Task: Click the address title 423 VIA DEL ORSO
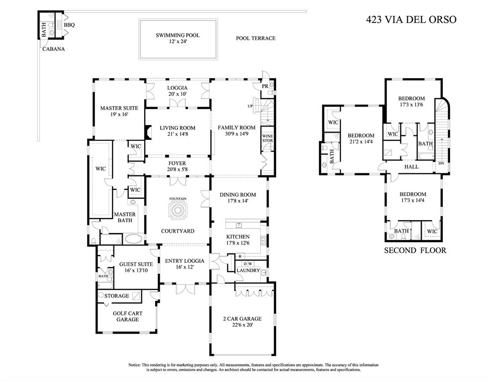pos(410,20)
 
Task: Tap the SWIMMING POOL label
pos(178,35)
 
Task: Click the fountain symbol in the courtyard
pos(178,211)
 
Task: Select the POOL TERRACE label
pos(255,38)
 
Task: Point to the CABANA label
pos(53,49)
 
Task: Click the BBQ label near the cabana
pos(69,24)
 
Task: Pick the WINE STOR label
pos(267,138)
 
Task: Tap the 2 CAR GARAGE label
pos(242,319)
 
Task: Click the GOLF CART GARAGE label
pos(127,316)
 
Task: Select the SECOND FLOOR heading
pos(415,251)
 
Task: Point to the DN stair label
pos(440,163)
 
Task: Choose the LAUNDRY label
pos(248,270)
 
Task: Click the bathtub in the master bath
pos(132,239)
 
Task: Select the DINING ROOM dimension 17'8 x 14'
pos(237,201)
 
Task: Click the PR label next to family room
pos(265,86)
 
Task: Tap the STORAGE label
pos(116,296)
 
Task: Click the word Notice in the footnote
pos(135,365)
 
